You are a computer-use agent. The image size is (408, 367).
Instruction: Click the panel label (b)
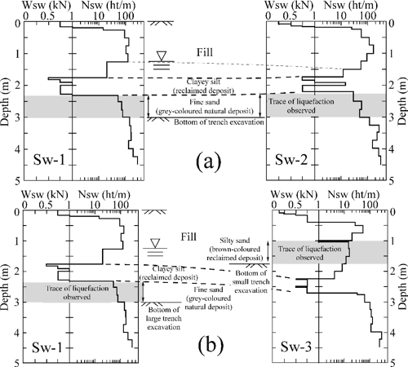point(211,346)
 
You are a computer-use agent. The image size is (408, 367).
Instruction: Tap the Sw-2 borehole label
point(291,159)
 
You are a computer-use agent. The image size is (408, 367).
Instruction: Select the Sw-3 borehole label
point(296,347)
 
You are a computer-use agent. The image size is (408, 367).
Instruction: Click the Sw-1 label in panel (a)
point(49,159)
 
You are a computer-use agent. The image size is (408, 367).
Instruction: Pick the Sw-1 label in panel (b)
point(47,347)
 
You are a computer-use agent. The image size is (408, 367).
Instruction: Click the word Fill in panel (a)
point(205,52)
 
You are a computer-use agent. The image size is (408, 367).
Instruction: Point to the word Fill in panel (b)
point(188,237)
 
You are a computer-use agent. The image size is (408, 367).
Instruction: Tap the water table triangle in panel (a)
point(162,56)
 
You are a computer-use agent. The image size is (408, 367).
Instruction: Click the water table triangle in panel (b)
point(155,243)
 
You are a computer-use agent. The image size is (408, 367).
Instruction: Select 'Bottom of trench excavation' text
point(219,122)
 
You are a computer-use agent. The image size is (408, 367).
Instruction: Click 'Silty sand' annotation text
point(235,241)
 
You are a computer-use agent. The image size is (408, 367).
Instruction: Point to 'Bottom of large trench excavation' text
point(163,318)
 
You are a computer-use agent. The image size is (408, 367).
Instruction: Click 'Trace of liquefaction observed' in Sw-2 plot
point(301,106)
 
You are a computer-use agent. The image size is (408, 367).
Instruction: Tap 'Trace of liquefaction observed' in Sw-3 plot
point(309,253)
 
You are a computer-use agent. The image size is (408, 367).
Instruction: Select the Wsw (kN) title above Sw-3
point(294,194)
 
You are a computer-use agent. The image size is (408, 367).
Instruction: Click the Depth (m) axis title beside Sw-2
point(402,101)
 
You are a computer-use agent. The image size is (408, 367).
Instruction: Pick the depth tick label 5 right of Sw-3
point(392,362)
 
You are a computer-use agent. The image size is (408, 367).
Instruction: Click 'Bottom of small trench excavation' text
point(251,281)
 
